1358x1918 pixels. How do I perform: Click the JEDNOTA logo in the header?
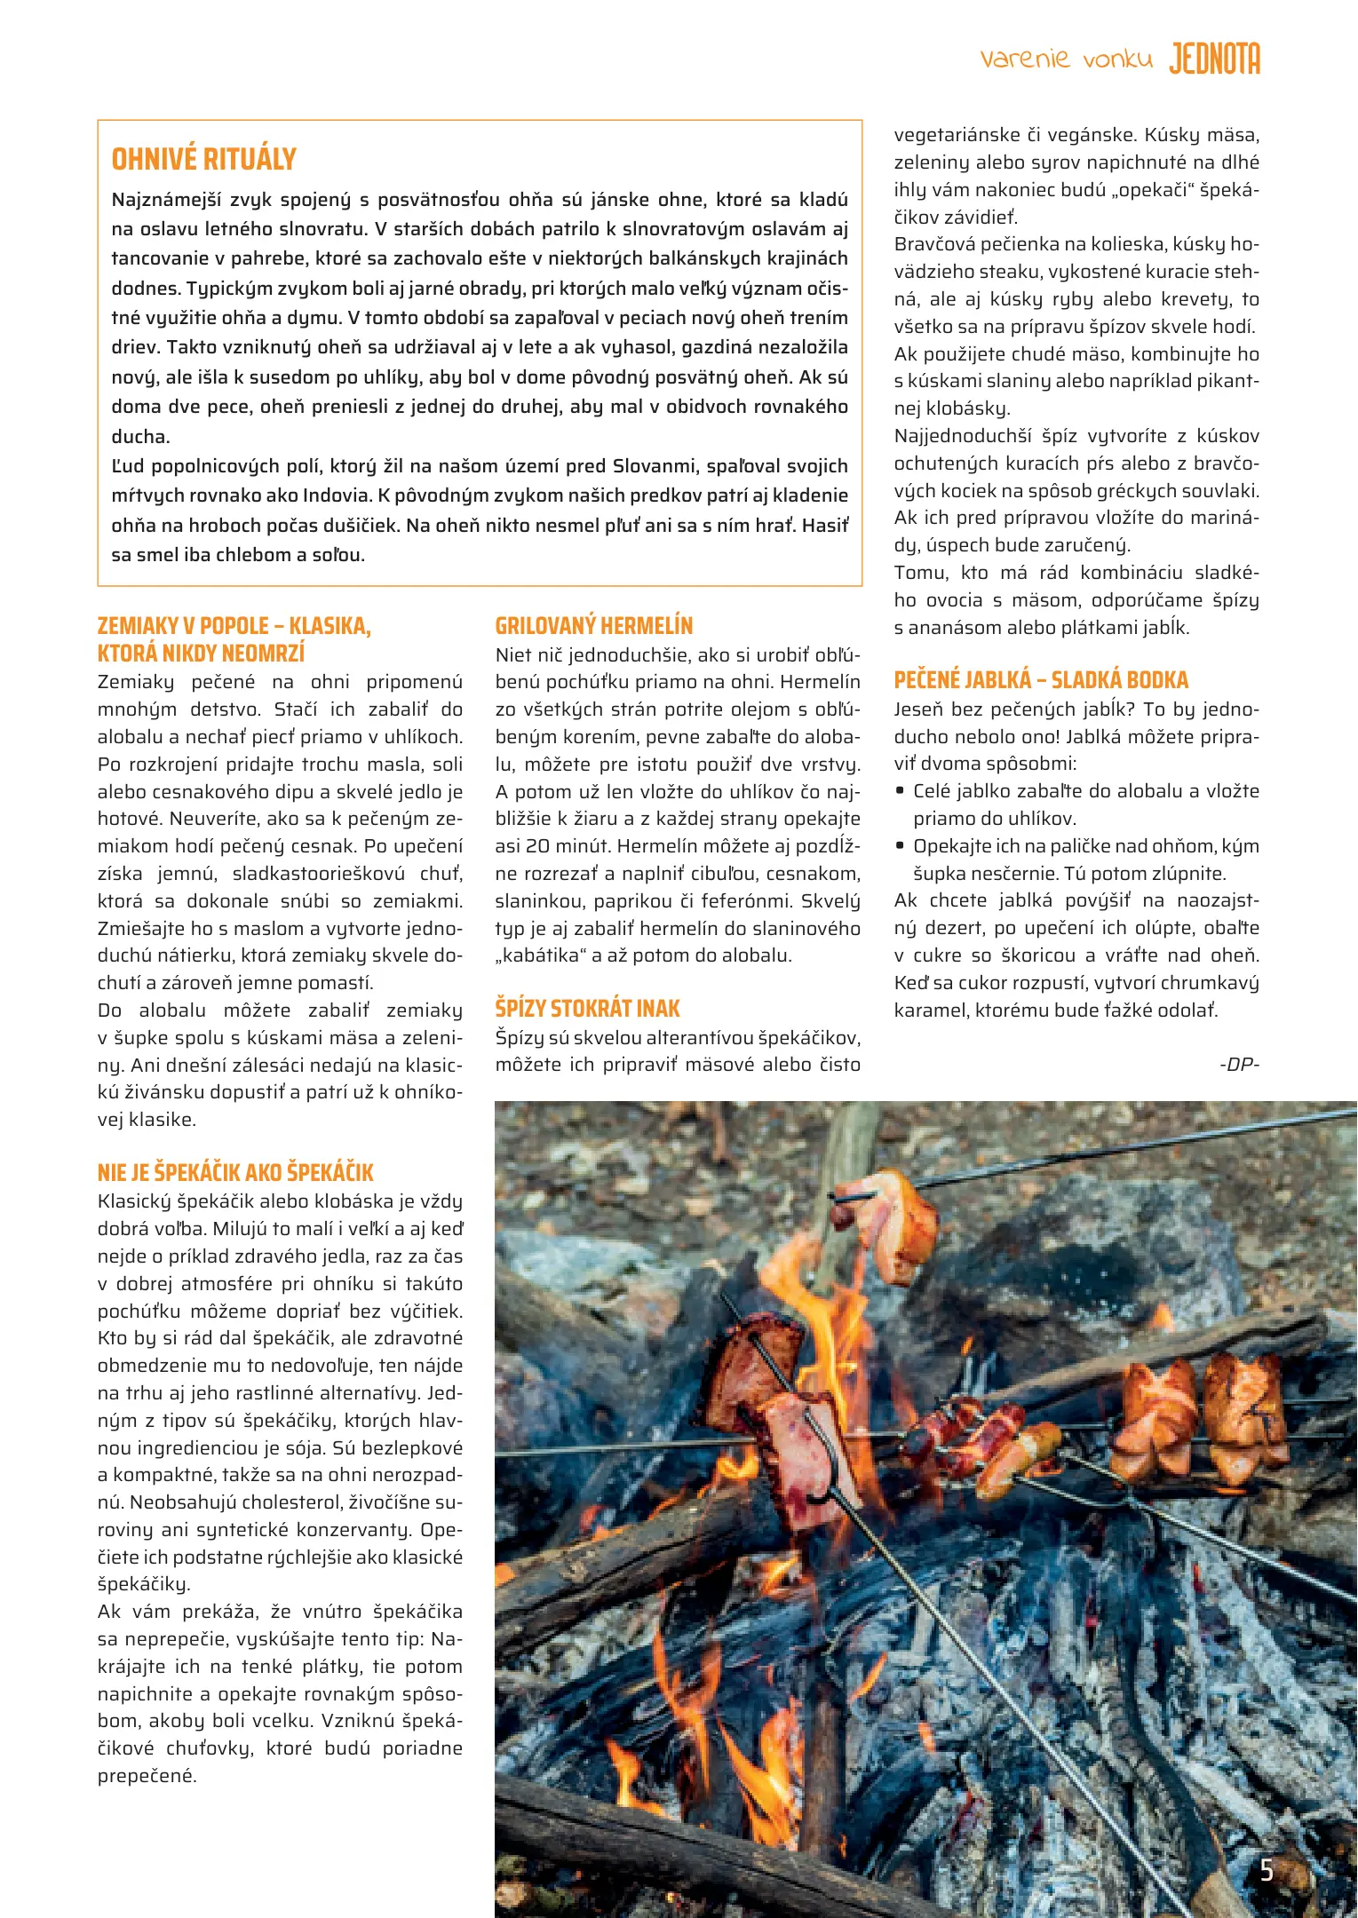click(x=1214, y=59)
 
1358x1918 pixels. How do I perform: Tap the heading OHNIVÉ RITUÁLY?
click(x=203, y=160)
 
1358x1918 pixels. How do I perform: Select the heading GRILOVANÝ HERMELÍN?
click(x=593, y=626)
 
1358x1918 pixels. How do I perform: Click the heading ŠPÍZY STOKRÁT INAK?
click(x=587, y=1009)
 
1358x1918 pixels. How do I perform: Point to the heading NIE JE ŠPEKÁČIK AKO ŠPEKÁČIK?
click(x=235, y=1172)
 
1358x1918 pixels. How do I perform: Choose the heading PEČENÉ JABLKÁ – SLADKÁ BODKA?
click(x=1040, y=680)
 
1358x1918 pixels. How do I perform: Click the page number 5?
click(x=1267, y=1871)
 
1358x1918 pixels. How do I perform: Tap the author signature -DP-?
click(x=1239, y=1064)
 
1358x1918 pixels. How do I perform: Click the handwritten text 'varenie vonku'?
click(x=1066, y=59)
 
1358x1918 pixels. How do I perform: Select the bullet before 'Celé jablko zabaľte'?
click(x=901, y=790)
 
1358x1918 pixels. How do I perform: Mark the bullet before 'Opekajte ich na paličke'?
click(x=901, y=845)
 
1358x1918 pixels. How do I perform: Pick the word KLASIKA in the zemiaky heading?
click(x=330, y=626)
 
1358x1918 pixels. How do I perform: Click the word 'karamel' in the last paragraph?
click(x=928, y=1011)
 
